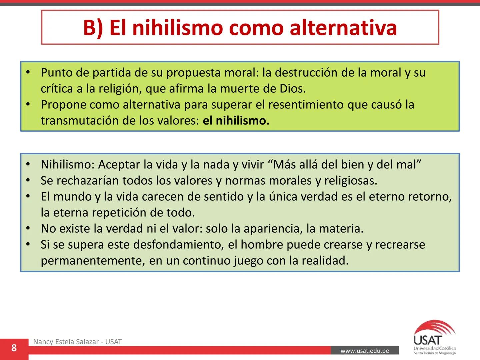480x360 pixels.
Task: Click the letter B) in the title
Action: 93,28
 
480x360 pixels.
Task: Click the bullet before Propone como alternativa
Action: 28,105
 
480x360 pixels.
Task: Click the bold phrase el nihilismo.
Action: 236,121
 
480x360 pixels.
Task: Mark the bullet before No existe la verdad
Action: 28,229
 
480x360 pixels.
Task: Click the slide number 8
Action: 14,348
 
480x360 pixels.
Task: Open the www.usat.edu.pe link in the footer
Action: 365,351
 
